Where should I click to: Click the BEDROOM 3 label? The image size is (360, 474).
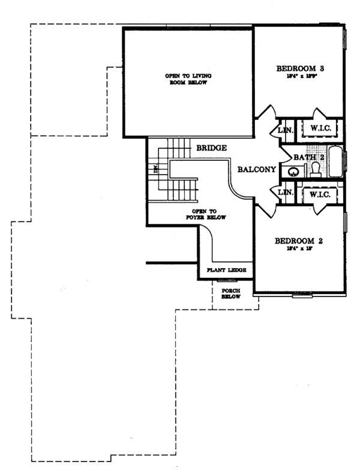point(299,68)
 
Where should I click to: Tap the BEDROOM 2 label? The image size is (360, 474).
point(299,241)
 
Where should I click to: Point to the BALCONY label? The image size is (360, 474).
point(256,170)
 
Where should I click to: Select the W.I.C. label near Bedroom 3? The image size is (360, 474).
point(320,128)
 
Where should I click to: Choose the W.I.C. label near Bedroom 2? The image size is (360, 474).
point(320,194)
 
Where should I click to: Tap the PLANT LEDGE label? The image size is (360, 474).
point(226,271)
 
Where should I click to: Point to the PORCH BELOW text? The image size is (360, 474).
point(230,293)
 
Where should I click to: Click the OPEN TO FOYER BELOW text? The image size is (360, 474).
point(208,214)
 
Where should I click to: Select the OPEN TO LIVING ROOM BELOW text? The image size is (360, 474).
point(187,80)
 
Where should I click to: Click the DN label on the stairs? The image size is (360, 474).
point(155,170)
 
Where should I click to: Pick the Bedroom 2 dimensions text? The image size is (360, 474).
point(299,251)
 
